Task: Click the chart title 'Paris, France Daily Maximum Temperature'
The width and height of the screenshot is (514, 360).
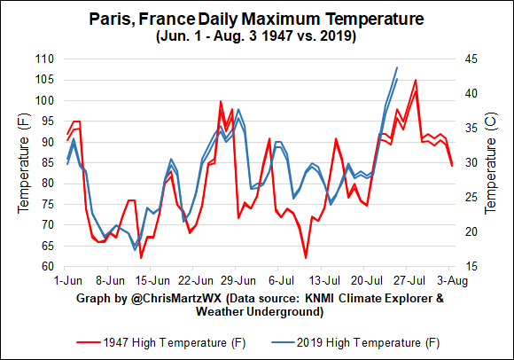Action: (x=256, y=19)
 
